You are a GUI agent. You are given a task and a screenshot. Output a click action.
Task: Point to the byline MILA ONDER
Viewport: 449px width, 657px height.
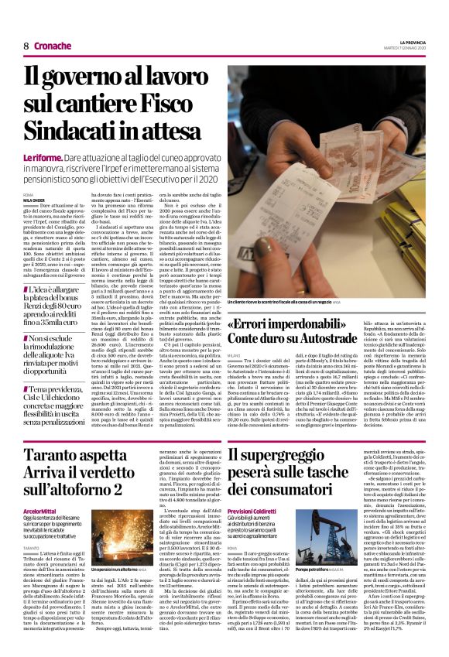(x=34, y=198)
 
